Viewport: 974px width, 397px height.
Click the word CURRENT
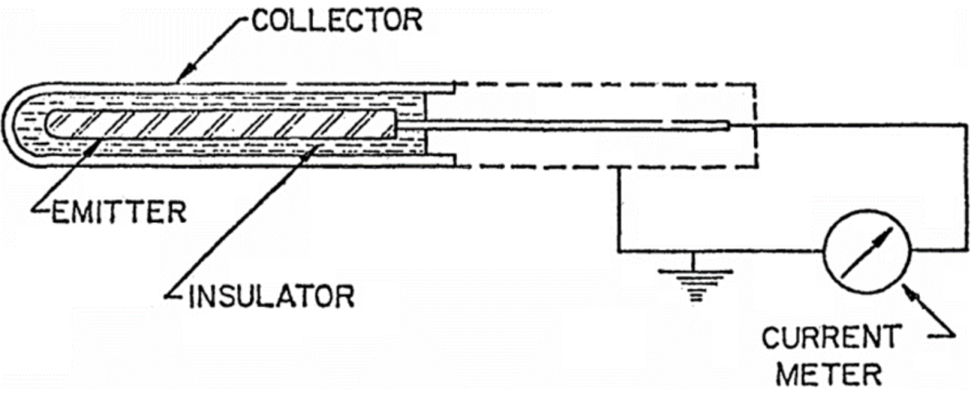coord(830,339)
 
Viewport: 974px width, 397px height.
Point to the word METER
coord(830,376)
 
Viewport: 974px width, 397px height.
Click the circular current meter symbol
coord(867,252)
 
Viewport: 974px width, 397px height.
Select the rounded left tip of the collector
coord(7,125)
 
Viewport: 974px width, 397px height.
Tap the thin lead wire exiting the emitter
coord(563,125)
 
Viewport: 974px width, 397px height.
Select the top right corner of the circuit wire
coord(968,125)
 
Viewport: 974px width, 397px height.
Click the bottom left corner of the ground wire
coord(619,251)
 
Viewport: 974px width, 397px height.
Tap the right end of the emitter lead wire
coord(729,125)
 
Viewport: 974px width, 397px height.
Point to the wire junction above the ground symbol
coord(695,251)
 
